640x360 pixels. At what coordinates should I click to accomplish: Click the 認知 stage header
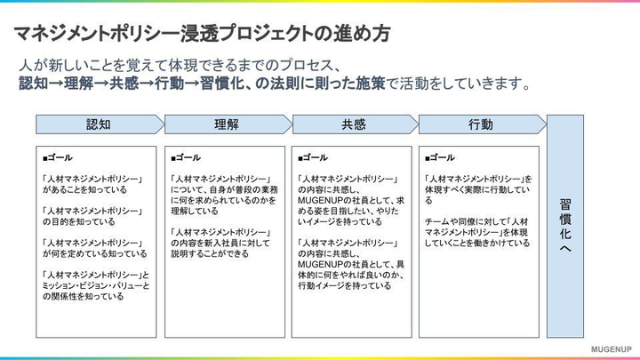coord(98,125)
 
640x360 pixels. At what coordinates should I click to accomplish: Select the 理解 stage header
coord(226,125)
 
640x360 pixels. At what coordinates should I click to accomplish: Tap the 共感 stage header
coord(353,125)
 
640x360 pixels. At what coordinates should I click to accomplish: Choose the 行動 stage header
coord(480,125)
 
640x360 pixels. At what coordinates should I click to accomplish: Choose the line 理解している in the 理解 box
coord(195,211)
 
